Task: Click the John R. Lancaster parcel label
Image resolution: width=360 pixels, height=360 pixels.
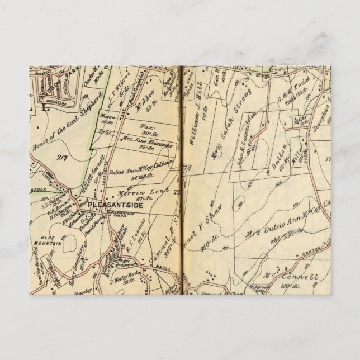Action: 248,140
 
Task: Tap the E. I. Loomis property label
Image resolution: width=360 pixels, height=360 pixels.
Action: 135,235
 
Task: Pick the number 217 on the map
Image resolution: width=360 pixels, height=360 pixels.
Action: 61,158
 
